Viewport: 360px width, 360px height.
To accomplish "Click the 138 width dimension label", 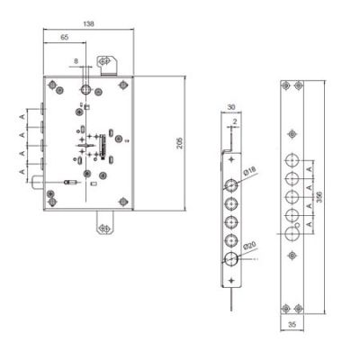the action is [x=89, y=23].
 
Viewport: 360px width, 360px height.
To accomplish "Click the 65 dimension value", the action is [x=65, y=37].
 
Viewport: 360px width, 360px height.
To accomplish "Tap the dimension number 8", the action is [x=76, y=61].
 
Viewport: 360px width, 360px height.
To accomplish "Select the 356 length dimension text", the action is [x=319, y=197].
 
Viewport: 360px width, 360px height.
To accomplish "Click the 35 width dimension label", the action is [x=292, y=324].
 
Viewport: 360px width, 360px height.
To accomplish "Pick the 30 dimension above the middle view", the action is [x=231, y=107].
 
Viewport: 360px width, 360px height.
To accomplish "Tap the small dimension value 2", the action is [x=235, y=121].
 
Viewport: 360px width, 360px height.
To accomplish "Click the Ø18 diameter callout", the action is [x=249, y=172].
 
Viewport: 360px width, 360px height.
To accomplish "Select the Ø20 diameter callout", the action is [x=249, y=246].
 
